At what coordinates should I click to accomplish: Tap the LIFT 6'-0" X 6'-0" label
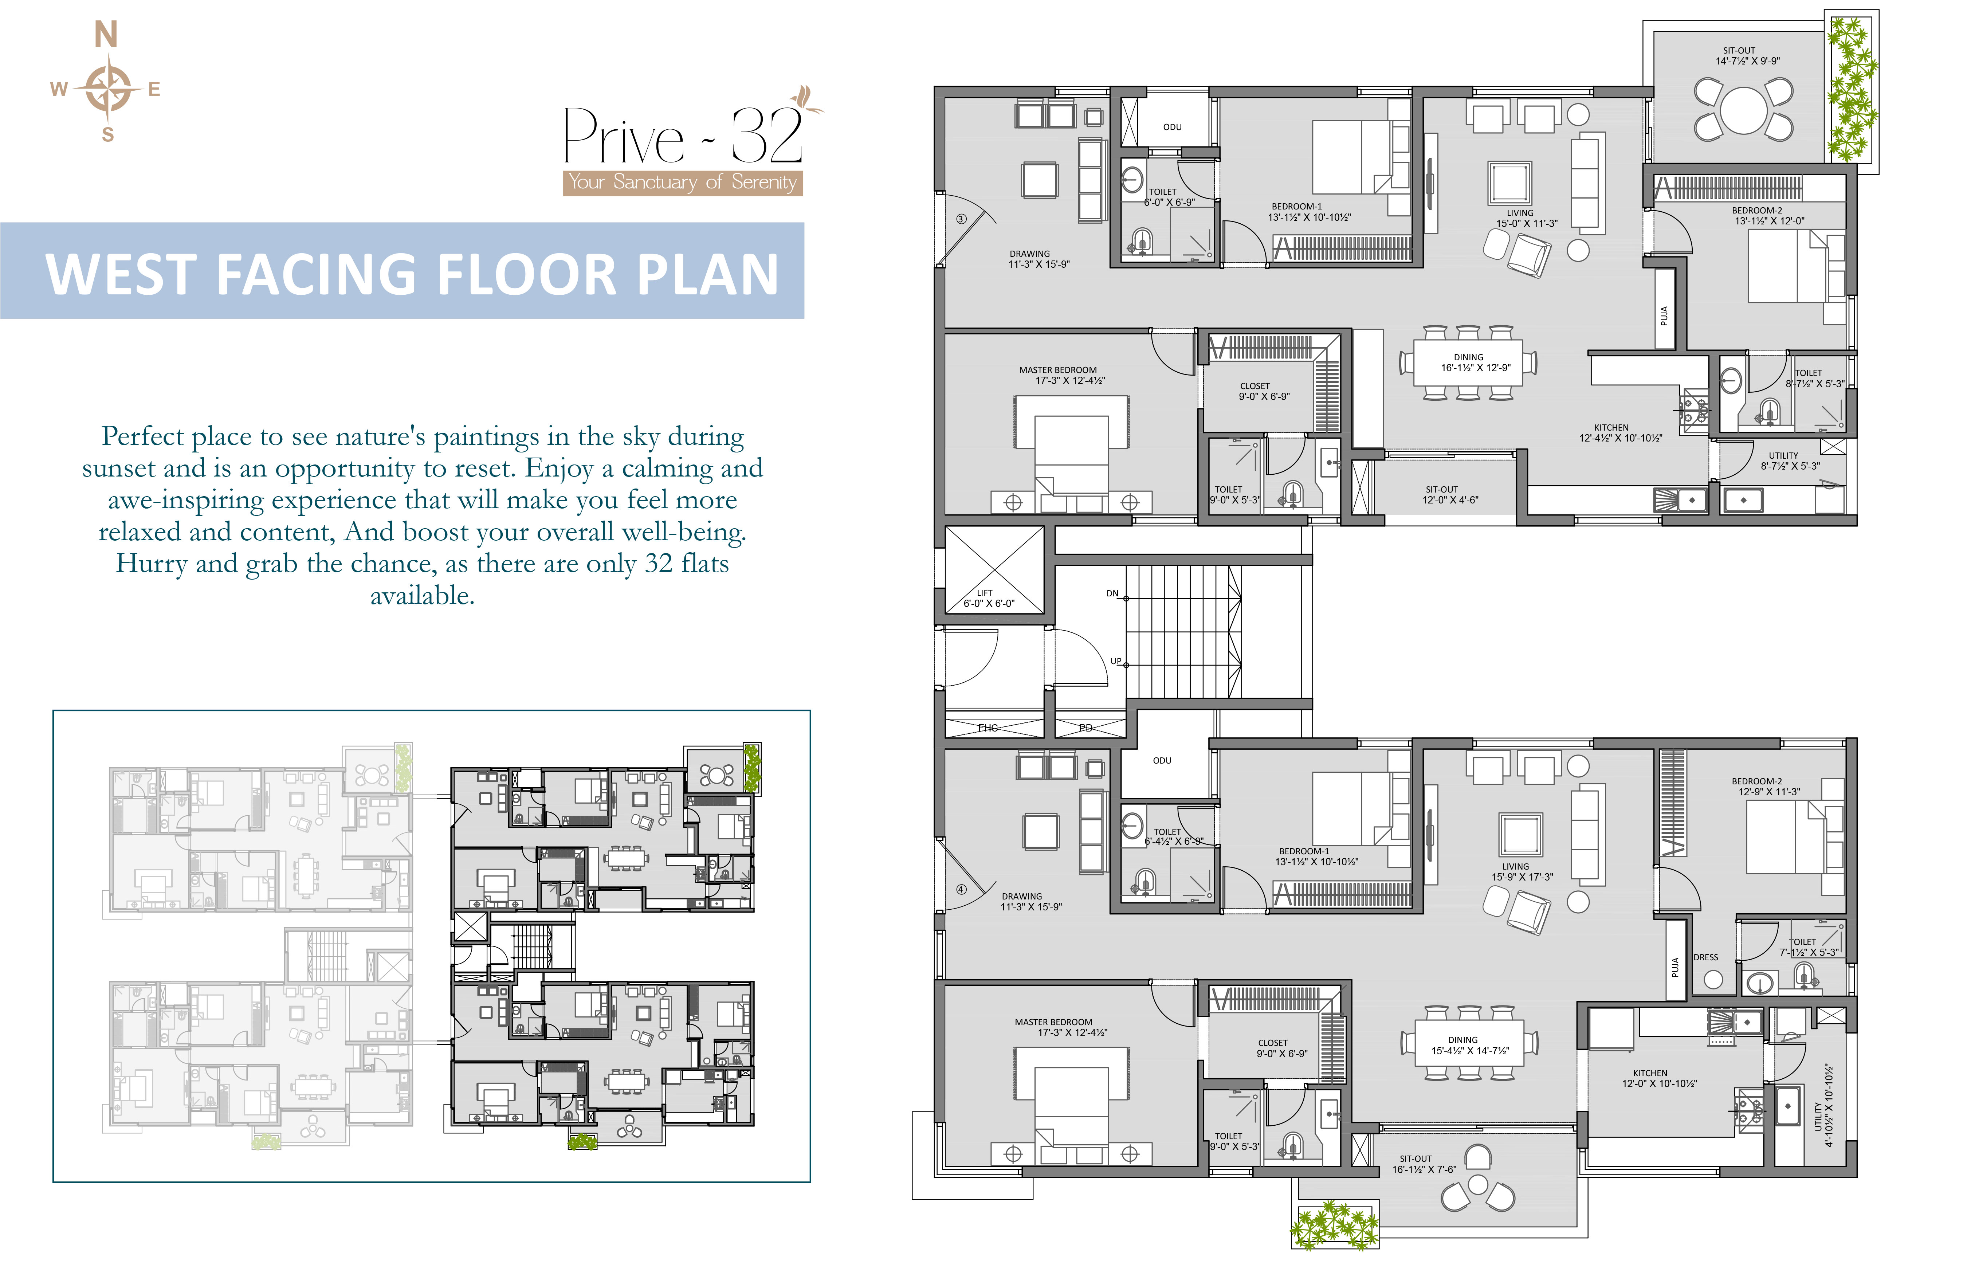(x=989, y=598)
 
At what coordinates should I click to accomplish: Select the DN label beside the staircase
(x=1112, y=593)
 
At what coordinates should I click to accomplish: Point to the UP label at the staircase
(x=1116, y=661)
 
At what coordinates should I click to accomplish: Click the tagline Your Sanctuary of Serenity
(x=683, y=182)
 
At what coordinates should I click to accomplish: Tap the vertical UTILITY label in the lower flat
(x=1823, y=1105)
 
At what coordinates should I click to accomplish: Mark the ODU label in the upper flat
(x=1172, y=127)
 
